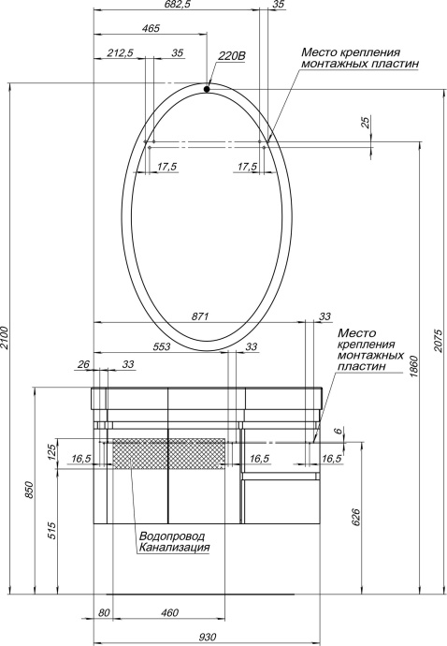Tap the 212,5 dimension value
click(119, 53)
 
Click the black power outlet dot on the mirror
click(206, 90)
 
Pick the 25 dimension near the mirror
click(365, 123)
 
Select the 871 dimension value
click(198, 316)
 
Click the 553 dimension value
click(161, 346)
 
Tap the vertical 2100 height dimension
click(7, 337)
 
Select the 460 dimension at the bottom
click(169, 613)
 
